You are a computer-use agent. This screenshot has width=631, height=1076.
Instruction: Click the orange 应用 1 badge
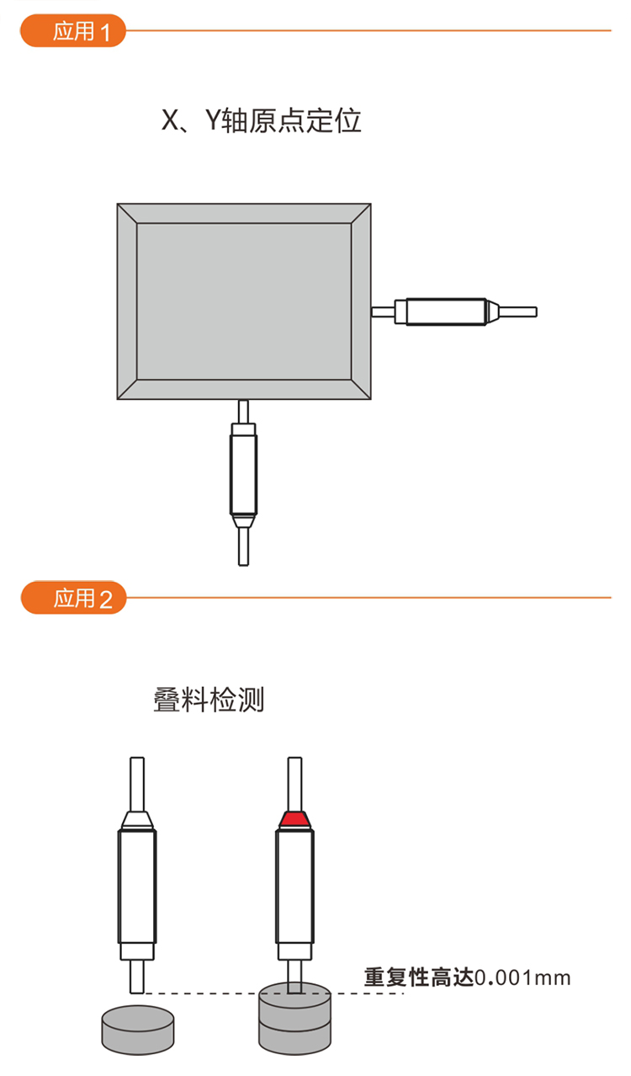coord(73,31)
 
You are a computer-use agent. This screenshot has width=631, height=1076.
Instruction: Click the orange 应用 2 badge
coord(73,598)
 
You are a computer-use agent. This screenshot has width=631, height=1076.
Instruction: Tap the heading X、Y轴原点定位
coord(261,120)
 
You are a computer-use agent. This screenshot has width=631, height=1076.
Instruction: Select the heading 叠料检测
coord(209,700)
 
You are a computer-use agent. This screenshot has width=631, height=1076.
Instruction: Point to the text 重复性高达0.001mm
coord(468,977)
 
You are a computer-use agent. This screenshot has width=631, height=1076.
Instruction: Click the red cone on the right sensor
coord(294,820)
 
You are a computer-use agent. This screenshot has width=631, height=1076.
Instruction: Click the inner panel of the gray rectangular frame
coord(244,301)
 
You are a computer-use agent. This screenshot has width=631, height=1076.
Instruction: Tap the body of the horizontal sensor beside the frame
coord(446,312)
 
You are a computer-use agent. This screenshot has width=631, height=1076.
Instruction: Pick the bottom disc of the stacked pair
coord(294,1037)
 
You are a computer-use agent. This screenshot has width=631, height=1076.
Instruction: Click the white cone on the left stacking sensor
coord(137,820)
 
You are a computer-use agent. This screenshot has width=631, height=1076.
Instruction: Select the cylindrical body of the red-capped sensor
coord(294,887)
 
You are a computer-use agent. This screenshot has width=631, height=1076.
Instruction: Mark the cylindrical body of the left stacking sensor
coord(137,887)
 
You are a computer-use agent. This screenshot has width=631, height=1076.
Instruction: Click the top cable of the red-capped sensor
coord(294,785)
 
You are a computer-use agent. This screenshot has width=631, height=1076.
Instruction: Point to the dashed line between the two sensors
coord(273,993)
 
